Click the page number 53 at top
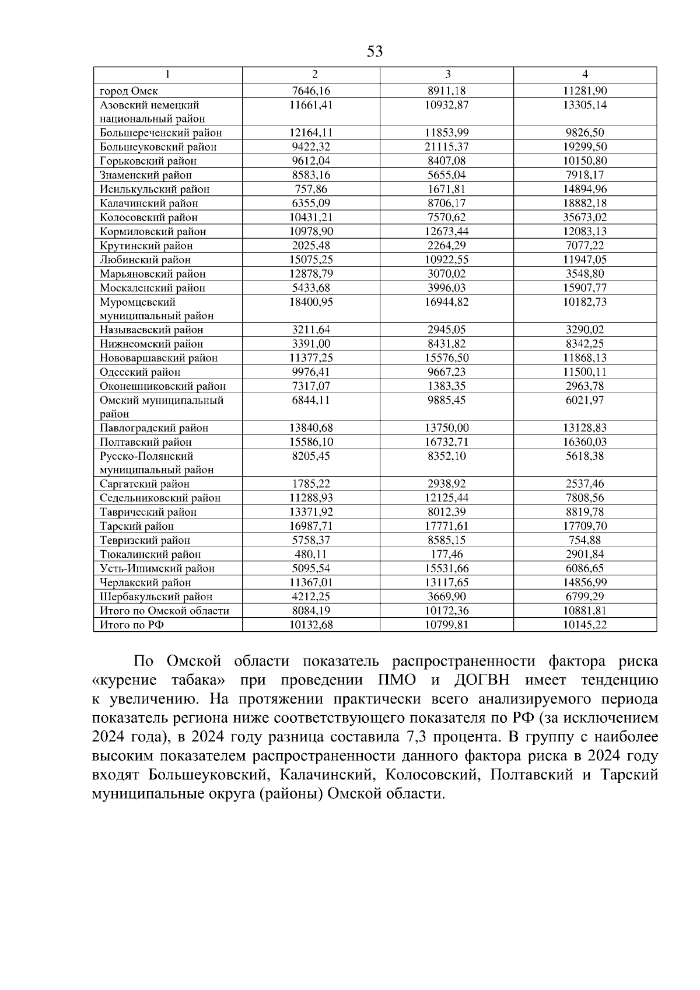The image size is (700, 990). (375, 52)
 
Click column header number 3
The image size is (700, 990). (447, 75)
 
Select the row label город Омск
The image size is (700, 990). (129, 91)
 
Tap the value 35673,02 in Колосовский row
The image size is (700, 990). (585, 218)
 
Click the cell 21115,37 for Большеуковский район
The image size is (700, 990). (447, 147)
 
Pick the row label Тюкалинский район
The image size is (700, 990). (150, 555)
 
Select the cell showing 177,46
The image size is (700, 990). (447, 555)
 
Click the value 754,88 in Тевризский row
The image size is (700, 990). (585, 541)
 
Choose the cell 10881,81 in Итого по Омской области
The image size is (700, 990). (585, 611)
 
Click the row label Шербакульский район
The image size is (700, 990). (156, 597)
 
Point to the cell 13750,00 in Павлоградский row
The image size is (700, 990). (447, 428)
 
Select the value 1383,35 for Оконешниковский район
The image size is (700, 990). (447, 386)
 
